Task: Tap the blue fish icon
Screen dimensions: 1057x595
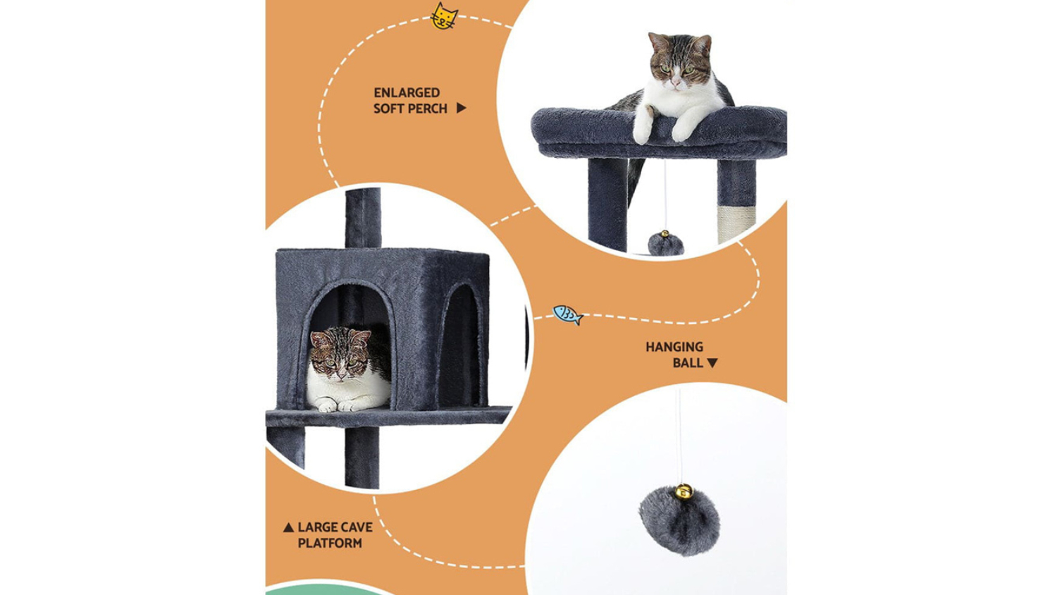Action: pyautogui.click(x=568, y=315)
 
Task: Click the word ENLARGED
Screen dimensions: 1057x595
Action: pyautogui.click(x=407, y=92)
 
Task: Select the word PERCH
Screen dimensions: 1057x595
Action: pyautogui.click(x=427, y=109)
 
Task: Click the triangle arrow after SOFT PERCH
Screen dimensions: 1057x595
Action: pyautogui.click(x=461, y=108)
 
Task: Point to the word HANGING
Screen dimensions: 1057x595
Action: pyautogui.click(x=674, y=347)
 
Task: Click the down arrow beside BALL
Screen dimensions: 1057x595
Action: pyautogui.click(x=712, y=362)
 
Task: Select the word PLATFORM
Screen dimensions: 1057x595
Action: pyautogui.click(x=330, y=543)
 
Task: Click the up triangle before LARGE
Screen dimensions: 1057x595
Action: pyautogui.click(x=288, y=527)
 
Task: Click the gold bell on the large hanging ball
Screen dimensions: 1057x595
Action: pyautogui.click(x=684, y=491)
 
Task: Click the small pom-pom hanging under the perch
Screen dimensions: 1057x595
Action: pyautogui.click(x=666, y=244)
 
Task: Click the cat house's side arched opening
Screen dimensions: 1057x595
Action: pyautogui.click(x=460, y=345)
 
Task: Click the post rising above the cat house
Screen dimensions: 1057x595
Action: pyautogui.click(x=363, y=218)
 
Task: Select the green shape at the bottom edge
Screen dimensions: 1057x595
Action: pyautogui.click(x=326, y=588)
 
